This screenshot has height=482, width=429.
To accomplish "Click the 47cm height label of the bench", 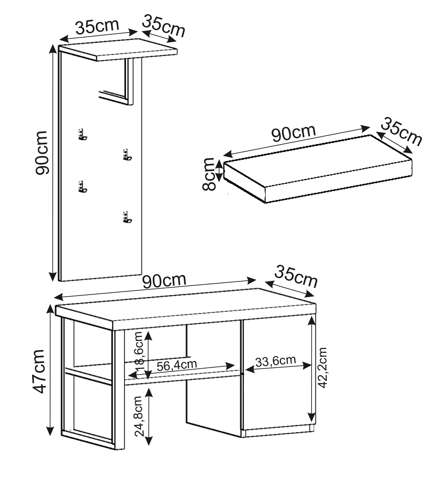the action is (x=38, y=372).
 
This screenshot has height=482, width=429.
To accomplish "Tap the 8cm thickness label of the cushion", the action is (x=209, y=174).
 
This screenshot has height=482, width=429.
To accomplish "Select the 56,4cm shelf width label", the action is (x=177, y=365).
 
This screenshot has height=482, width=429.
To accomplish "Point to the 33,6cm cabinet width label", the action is (x=276, y=361).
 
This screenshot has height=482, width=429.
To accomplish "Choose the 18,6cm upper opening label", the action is (x=139, y=352).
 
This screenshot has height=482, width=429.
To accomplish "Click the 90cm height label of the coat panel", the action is (x=41, y=153).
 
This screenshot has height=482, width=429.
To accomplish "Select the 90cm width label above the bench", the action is (x=164, y=281).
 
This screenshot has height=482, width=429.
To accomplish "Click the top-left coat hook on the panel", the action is (x=82, y=134).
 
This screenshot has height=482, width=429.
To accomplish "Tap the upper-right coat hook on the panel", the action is (x=127, y=154).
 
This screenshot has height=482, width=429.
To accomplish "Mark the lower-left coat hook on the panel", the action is (x=82, y=186).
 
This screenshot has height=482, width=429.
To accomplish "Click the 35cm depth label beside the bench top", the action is (x=296, y=277).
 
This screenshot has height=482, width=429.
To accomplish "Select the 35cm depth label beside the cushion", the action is (x=401, y=132).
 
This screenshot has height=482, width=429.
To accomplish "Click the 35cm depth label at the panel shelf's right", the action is (x=163, y=26).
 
